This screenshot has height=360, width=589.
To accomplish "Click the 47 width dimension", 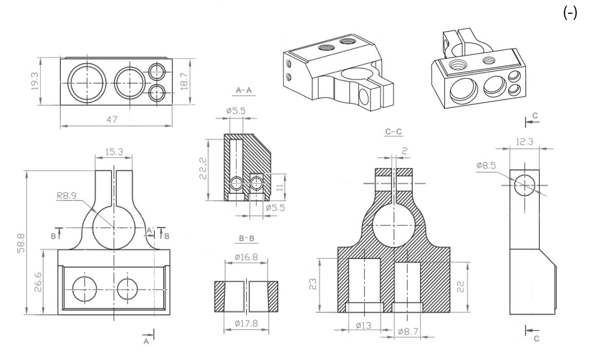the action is [112, 120].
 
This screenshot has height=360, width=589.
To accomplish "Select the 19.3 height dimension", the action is [35, 81].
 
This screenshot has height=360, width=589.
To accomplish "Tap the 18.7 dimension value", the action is [184, 81].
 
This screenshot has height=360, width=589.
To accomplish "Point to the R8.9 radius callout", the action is [67, 196].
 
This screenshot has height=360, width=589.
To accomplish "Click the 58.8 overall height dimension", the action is [21, 243].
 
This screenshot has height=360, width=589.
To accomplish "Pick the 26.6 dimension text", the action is [38, 282].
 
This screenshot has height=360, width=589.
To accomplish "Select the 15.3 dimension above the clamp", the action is [114, 152].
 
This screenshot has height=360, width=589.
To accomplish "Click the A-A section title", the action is [244, 90].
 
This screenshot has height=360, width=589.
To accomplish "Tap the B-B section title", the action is [247, 239].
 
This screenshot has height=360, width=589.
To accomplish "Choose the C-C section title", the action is [393, 131].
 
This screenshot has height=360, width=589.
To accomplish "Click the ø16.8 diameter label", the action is [247, 257].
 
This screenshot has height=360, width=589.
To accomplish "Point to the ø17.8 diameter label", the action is [247, 323].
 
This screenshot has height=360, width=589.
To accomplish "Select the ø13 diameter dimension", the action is [363, 326].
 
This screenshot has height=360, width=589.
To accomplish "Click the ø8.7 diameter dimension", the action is [408, 332].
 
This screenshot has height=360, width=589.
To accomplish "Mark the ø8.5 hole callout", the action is [486, 166].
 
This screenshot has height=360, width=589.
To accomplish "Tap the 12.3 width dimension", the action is [525, 142].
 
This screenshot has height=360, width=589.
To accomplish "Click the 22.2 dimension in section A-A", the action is [203, 168].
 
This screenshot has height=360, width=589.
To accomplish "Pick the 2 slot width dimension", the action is [405, 151].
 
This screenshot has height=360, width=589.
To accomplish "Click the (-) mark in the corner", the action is [570, 13].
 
